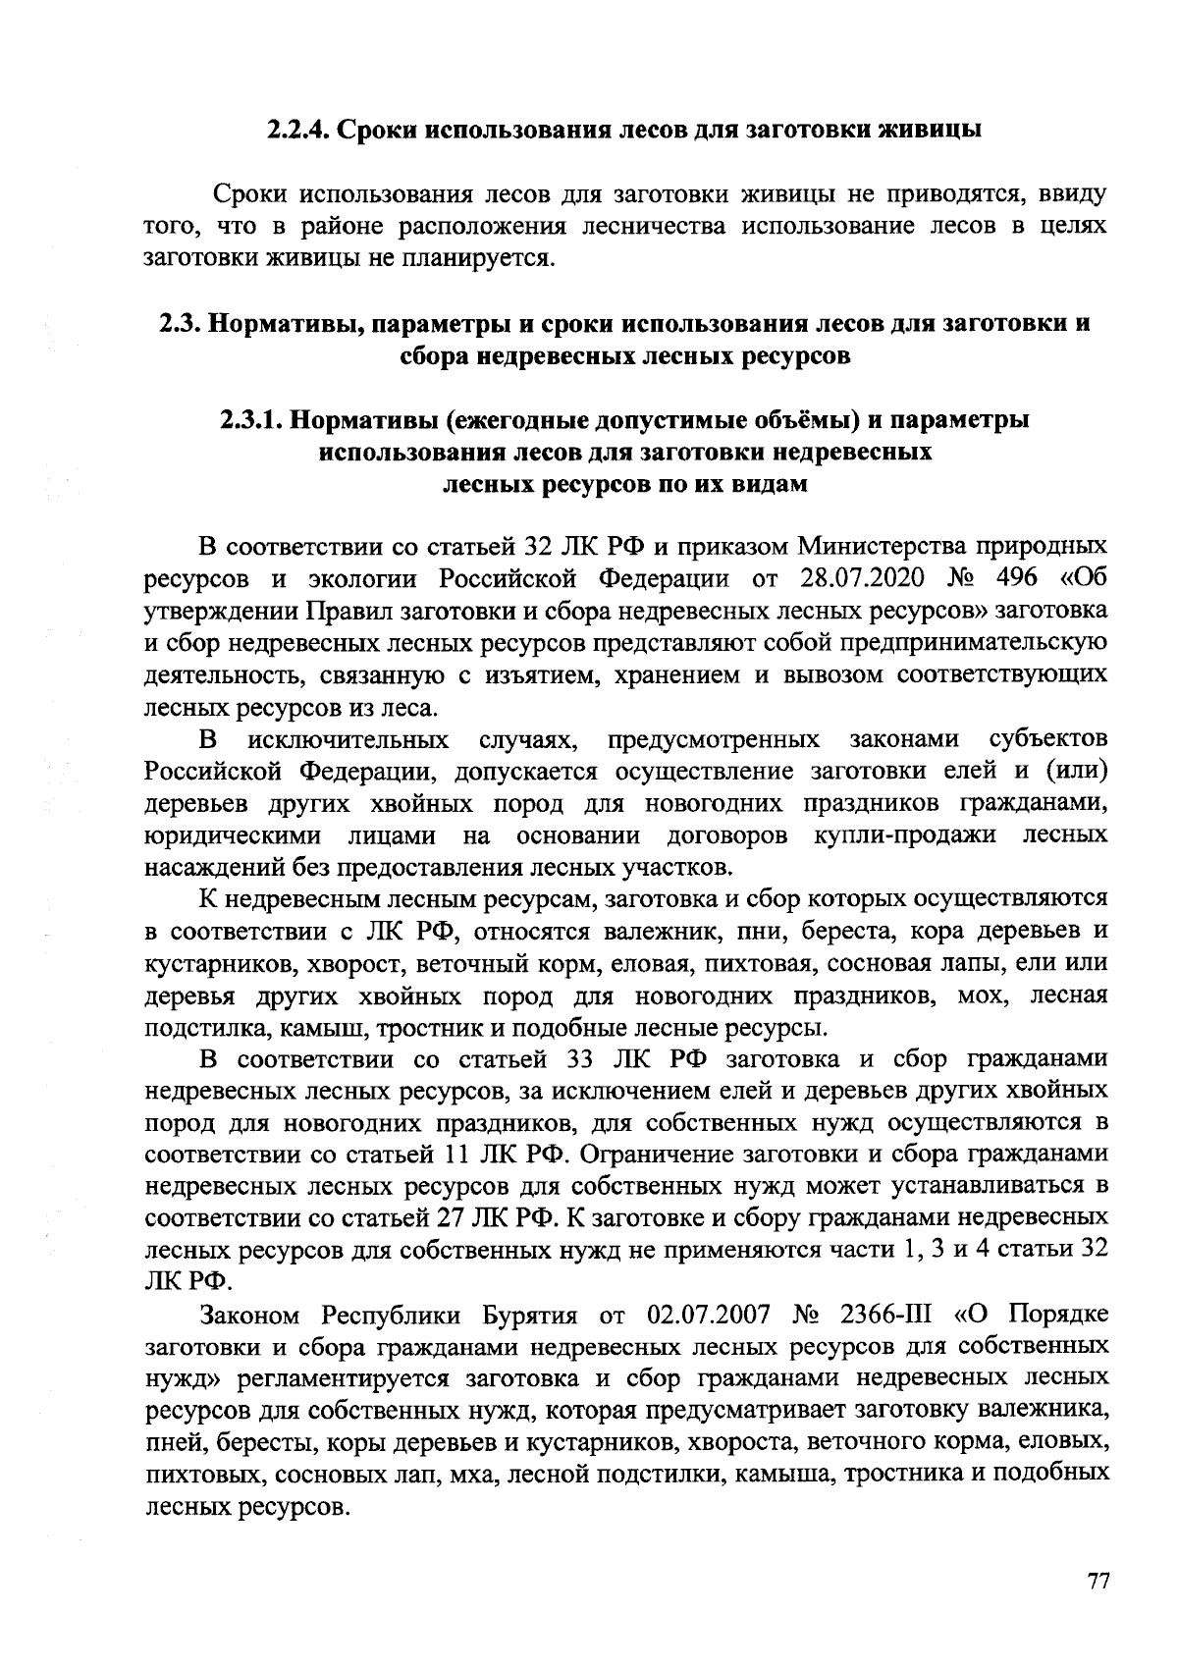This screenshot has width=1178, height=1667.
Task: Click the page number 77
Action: (x=1098, y=1582)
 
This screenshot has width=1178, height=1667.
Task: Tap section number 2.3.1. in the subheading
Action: (x=250, y=421)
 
